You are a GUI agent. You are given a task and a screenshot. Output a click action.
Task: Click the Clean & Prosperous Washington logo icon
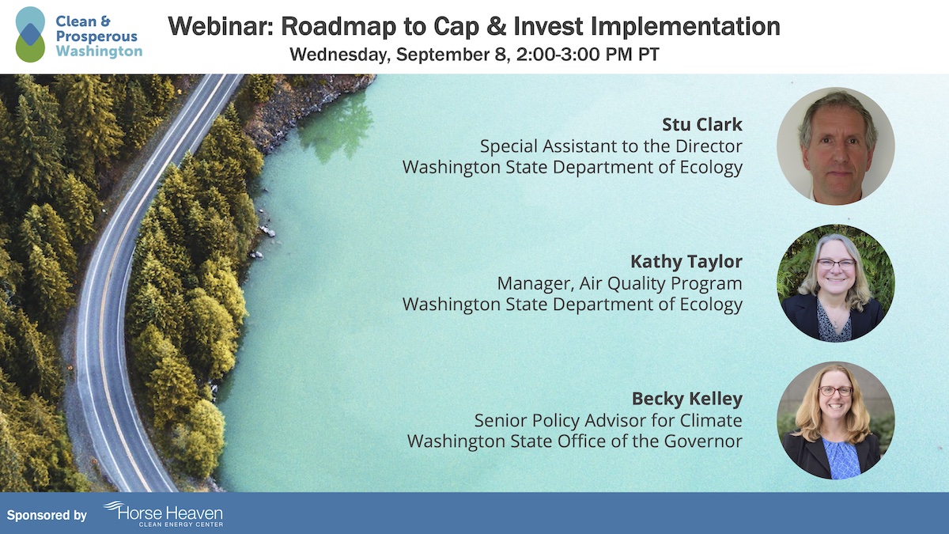(30, 34)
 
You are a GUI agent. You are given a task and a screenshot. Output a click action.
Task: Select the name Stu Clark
(702, 124)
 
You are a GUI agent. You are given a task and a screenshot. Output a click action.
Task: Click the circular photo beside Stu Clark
(836, 146)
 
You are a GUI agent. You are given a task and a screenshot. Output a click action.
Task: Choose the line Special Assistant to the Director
(611, 146)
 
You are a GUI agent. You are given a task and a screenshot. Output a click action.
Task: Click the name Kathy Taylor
(686, 262)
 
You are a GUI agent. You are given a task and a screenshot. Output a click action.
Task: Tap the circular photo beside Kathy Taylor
(836, 283)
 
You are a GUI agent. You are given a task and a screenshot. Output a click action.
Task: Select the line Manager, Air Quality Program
(619, 283)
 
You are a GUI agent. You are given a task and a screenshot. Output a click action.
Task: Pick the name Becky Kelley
(687, 399)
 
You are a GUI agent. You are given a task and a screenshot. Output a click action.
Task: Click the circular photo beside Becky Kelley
(836, 420)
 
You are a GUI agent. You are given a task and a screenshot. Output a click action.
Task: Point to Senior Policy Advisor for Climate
(608, 420)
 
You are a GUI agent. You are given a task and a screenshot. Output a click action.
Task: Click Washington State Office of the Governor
(574, 441)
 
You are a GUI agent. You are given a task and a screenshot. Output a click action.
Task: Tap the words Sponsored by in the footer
(47, 515)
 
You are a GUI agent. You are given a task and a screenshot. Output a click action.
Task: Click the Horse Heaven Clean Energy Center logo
(164, 513)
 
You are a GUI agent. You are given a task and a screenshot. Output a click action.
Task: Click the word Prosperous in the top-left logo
(96, 36)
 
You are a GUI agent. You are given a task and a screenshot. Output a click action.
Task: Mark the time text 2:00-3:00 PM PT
(588, 55)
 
